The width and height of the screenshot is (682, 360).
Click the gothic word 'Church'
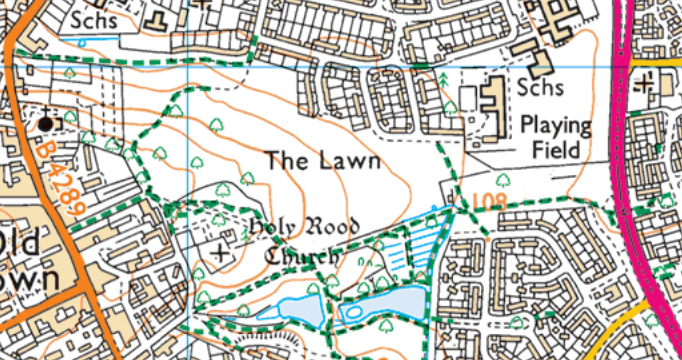coord(300,257)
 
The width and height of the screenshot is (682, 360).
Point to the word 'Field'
coord(556,153)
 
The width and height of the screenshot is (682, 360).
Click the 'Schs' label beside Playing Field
coord(540,88)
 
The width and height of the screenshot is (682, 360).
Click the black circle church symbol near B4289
coord(45,122)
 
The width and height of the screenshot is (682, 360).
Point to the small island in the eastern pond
coord(355,310)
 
